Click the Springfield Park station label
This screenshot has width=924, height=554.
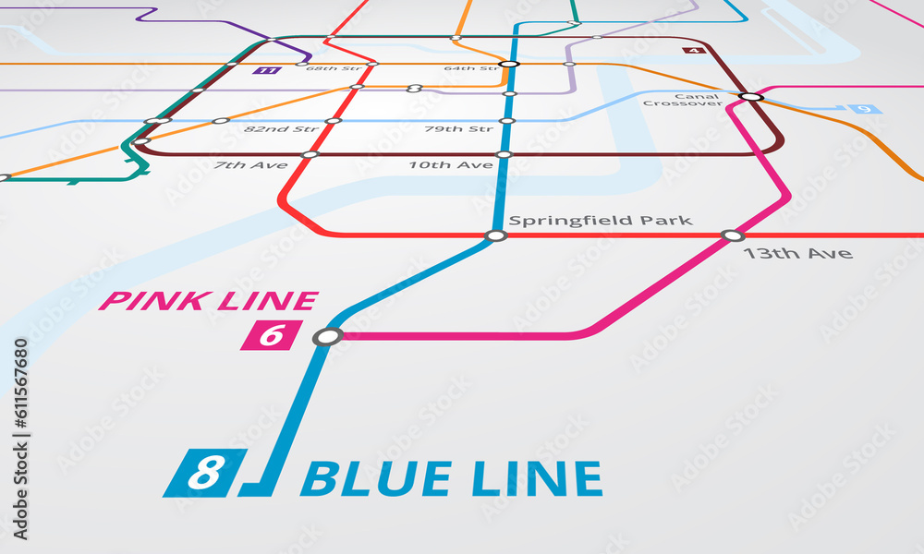click(601, 221)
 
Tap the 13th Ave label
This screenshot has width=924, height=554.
click(797, 253)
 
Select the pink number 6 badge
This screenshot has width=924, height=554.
click(271, 335)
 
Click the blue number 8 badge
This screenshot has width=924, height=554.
click(205, 473)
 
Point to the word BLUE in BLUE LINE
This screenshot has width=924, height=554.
click(375, 479)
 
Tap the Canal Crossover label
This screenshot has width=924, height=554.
click(683, 100)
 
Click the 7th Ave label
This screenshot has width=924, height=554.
click(250, 165)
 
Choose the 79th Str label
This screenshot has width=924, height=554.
click(458, 129)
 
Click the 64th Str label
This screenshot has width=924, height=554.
click(470, 68)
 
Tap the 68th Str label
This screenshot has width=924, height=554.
click(334, 68)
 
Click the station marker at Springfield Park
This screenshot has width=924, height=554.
click(496, 235)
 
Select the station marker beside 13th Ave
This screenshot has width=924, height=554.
click(733, 235)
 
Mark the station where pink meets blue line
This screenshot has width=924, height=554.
click(327, 336)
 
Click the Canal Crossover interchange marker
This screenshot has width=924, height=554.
click(751, 96)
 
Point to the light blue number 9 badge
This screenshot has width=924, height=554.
click(865, 110)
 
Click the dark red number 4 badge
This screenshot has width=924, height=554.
click(695, 50)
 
